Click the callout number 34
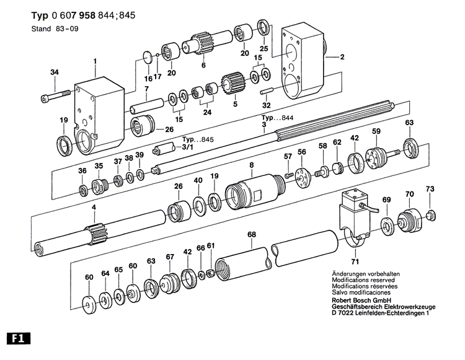54,73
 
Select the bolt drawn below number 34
54,97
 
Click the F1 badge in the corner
18,339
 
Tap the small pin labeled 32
268,92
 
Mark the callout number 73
430,188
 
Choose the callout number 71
354,253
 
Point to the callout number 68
251,235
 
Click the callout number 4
94,208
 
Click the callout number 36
82,170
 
